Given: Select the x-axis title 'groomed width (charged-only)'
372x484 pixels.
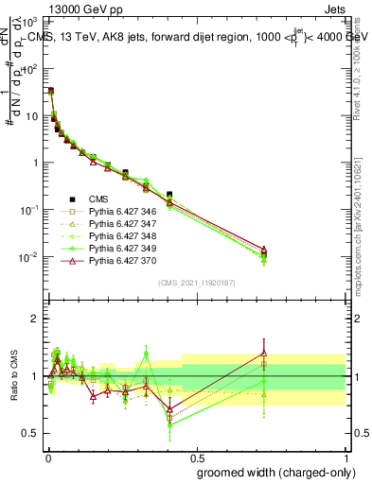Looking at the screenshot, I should [270, 472].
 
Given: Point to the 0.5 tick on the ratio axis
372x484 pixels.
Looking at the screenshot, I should [32, 433].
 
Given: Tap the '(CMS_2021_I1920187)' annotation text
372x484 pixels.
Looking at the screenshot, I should [196, 283].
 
